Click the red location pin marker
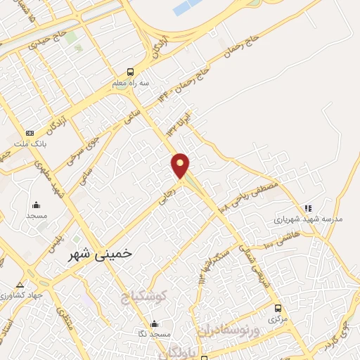click(x=181, y=165)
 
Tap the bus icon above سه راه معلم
click(x=129, y=72)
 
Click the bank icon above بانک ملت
click(x=30, y=133)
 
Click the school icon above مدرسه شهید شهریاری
click(x=308, y=208)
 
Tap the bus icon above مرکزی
click(x=278, y=308)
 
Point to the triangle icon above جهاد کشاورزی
click(x=20, y=285)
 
